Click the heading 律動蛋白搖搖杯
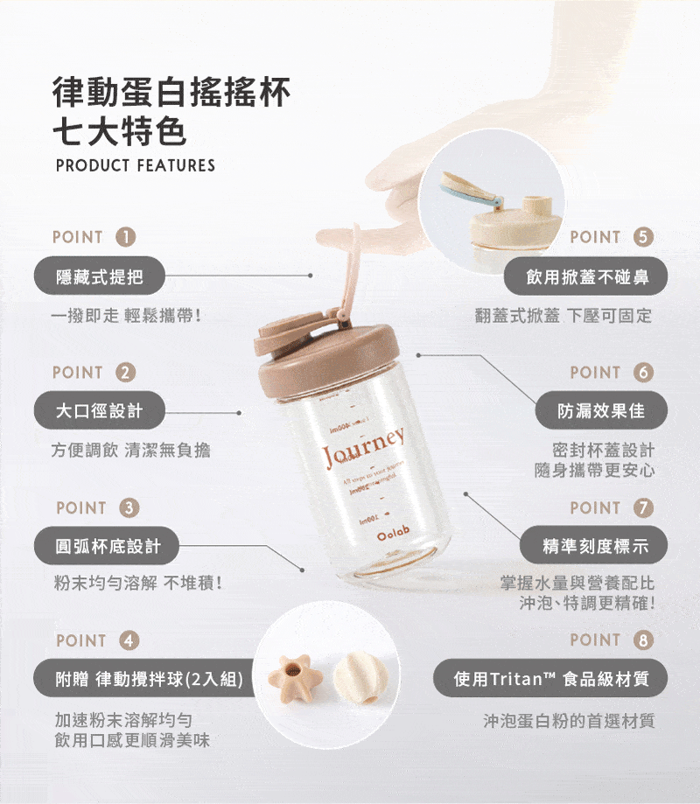coord(171,92)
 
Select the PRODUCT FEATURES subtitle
coord(135,165)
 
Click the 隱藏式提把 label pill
coord(99,276)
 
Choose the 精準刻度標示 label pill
coord(595,546)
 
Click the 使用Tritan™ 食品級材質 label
coord(551,679)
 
